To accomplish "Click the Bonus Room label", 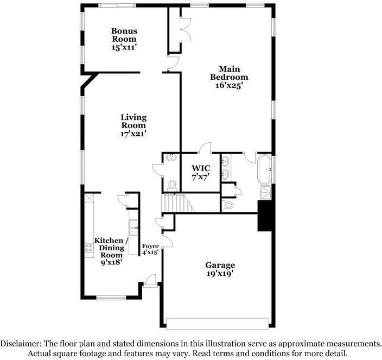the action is [x=124, y=35].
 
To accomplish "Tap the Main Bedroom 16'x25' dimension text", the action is [x=229, y=86].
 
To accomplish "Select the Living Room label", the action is [x=133, y=122].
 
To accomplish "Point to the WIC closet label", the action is [x=201, y=168].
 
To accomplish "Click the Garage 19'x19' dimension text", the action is [x=220, y=274].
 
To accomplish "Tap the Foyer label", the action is [x=150, y=246].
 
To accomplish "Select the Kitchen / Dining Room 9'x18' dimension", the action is [x=111, y=262].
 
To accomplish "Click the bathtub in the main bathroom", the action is [x=265, y=169].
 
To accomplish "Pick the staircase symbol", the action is [x=179, y=203].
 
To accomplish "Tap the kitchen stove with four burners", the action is [x=88, y=248].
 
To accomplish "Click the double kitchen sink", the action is [x=133, y=228].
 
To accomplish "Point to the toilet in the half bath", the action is [x=173, y=185].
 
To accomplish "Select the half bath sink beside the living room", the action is [x=171, y=157].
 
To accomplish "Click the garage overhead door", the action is [x=218, y=324].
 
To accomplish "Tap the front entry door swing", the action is [x=150, y=280].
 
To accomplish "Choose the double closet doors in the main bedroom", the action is [x=186, y=29].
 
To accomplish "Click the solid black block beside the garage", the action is [x=265, y=216].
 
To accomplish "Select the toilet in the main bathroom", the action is [x=228, y=205].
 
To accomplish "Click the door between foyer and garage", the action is [x=168, y=241].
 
